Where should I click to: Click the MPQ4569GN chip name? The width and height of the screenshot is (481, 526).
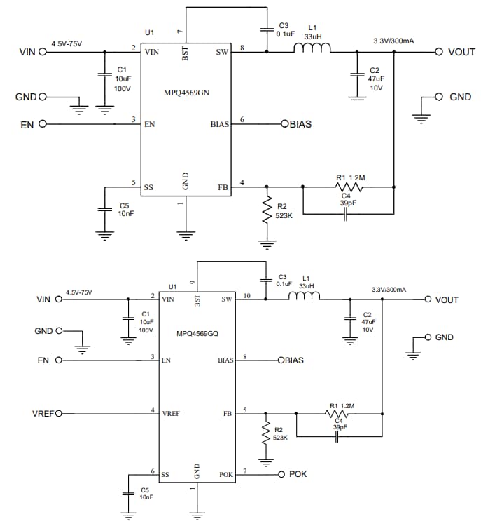186,92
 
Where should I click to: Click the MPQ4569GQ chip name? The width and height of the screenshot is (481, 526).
197,334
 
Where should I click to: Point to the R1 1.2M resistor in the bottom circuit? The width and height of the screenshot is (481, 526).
340,414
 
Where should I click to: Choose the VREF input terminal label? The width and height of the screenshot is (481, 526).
43,413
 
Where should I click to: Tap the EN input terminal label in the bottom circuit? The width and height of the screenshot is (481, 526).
44,360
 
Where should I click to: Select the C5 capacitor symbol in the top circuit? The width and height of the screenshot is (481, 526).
104,209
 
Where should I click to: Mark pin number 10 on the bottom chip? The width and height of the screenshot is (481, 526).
246,295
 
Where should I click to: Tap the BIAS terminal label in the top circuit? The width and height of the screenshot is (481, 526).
298,124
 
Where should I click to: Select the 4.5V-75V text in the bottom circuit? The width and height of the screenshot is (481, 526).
79,292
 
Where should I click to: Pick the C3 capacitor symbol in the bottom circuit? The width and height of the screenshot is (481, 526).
265,280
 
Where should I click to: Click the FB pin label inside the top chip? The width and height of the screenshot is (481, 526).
223,187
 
